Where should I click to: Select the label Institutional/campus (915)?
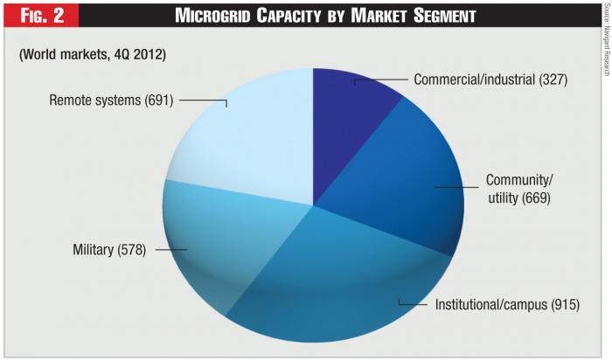point(507,305)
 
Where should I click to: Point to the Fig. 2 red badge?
point(40,16)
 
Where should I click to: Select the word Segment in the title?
point(446,16)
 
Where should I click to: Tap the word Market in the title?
point(381,16)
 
